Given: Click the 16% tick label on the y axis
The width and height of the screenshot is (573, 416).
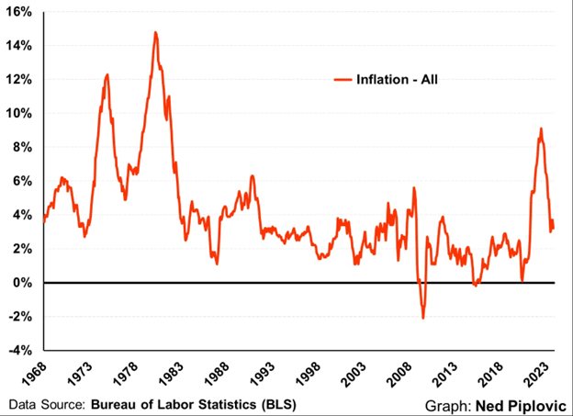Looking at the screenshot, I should [20, 13].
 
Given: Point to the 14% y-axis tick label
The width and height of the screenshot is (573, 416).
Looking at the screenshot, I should [20, 46].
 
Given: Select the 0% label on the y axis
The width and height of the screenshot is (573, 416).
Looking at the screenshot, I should [24, 283].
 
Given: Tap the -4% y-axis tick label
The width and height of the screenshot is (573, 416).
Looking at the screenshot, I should [21, 350].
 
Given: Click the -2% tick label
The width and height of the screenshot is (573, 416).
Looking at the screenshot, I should [21, 317].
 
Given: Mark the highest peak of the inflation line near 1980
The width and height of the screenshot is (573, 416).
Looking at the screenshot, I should [155, 33].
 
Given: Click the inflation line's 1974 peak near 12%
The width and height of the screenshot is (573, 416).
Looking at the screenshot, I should [107, 74].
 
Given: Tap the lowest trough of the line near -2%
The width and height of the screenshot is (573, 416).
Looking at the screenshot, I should [423, 318].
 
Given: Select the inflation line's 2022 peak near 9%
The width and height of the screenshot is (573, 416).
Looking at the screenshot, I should [541, 129].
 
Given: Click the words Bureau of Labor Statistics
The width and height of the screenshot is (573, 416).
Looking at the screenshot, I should [192, 403].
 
